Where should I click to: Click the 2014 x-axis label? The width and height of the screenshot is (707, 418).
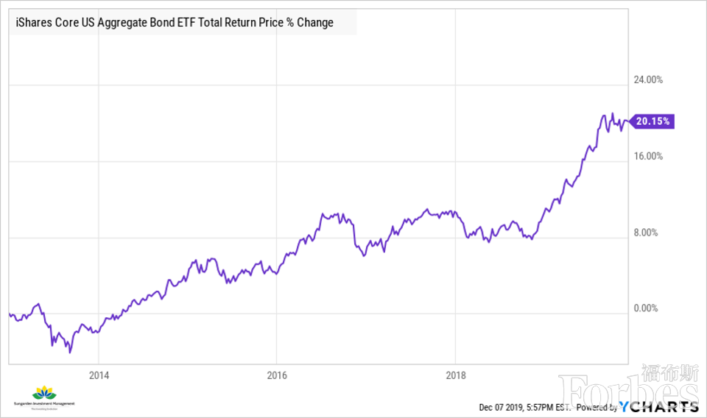click(99, 375)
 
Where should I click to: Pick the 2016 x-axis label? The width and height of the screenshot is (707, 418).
click(277, 375)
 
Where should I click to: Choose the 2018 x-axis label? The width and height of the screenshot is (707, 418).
click(457, 375)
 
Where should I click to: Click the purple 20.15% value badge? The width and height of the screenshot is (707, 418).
click(653, 121)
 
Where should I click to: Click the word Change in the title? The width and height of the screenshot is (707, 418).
click(315, 23)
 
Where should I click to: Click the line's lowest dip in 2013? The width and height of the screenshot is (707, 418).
click(70, 353)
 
